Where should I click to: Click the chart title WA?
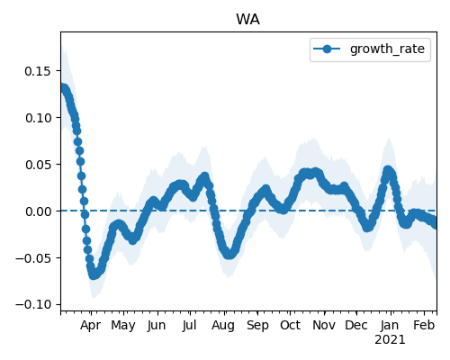coord(247,20)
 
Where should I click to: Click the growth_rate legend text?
coord(387,49)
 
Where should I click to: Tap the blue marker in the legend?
coord(327,49)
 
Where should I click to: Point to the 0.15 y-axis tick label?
coord(38,71)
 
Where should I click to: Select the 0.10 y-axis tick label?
coord(38,118)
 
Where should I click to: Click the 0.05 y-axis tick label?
coord(38,165)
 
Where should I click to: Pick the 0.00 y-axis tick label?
coord(38,211)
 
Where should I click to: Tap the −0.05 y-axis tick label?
coord(33,258)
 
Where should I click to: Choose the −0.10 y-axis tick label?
coord(33,304)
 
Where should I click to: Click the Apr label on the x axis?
coord(91,325)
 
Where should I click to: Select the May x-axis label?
coord(123,325)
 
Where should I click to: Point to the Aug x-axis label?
coord(223,325)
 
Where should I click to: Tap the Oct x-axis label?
coord(290,325)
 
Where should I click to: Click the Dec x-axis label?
coord(356,325)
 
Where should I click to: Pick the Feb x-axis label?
coord(424,325)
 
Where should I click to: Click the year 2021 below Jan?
coord(390,339)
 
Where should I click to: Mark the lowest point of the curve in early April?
coord(94,274)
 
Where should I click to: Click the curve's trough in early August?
coord(229,254)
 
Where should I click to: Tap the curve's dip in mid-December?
coord(368,227)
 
